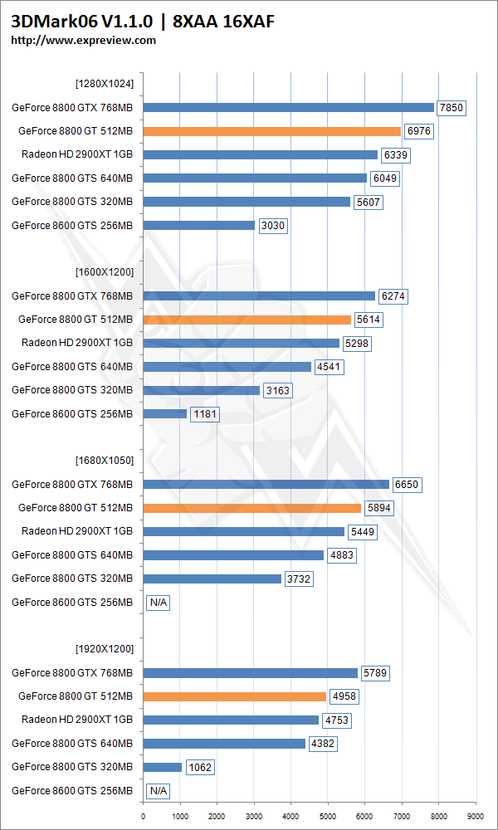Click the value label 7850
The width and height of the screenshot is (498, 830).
point(452,107)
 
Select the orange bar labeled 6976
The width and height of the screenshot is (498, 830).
point(271,131)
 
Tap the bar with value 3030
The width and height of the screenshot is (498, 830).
point(198,225)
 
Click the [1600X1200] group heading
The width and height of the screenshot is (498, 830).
point(104,271)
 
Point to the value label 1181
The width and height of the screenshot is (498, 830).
point(205,413)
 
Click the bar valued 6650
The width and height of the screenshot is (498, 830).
point(266,484)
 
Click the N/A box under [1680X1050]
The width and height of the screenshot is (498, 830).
point(158,603)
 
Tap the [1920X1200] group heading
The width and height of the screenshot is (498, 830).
point(104,648)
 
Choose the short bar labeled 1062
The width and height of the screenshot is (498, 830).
point(162,767)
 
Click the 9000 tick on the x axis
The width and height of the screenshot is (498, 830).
point(476,817)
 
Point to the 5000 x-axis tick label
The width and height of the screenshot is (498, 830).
point(328,817)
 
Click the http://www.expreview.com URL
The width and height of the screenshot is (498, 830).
point(83,40)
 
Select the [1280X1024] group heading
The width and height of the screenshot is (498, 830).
point(104,83)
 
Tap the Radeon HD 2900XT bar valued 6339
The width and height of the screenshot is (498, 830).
point(260,154)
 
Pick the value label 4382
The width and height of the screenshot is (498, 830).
point(322,744)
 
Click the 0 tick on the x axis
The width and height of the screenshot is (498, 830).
point(144,817)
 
